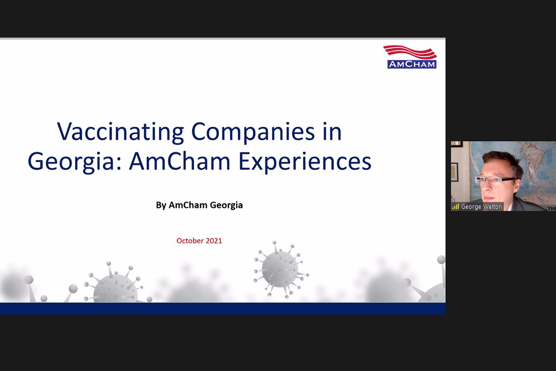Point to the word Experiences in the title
[305, 162]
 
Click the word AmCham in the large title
[179, 162]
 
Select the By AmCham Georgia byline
[199, 205]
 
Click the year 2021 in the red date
[214, 241]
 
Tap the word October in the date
[190, 241]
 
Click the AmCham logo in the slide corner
[410, 57]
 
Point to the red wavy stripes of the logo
[410, 52]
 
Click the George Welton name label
[481, 206]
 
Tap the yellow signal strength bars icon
[456, 206]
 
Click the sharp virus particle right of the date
[281, 269]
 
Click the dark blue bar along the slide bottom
[223, 309]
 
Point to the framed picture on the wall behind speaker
[455, 172]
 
